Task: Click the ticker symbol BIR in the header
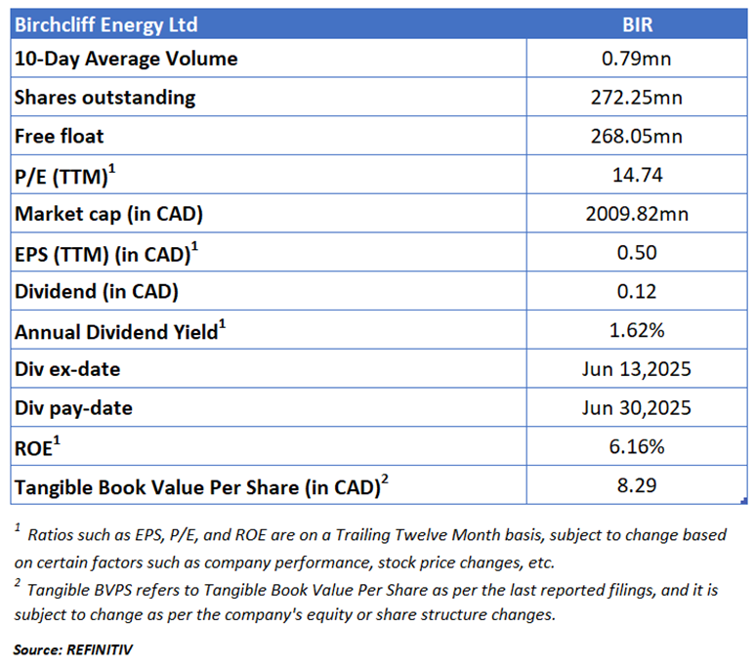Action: [637, 24]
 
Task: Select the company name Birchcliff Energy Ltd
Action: [105, 25]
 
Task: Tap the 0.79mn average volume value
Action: [636, 59]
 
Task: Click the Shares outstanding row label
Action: [105, 98]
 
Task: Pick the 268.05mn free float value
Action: [637, 137]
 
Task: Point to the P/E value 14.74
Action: [637, 175]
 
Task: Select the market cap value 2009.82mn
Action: [637, 214]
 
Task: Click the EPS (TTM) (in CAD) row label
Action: [105, 253]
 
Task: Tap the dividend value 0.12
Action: [637, 291]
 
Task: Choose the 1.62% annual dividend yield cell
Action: [637, 330]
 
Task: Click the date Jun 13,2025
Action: [636, 369]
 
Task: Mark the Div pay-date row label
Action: [73, 408]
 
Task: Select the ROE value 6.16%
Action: [637, 447]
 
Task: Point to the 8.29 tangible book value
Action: [637, 485]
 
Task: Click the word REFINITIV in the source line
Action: [100, 650]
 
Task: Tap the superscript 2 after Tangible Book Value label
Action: [385, 479]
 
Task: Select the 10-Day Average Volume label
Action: [126, 59]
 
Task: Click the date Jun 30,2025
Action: [636, 408]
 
